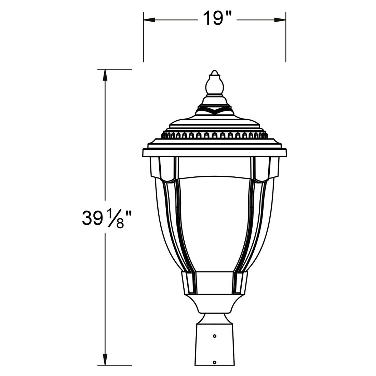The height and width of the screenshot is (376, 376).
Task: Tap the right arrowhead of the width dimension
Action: coord(280,20)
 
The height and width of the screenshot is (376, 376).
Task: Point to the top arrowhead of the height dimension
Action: coord(105,75)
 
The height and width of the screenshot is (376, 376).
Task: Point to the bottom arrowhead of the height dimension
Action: coord(105,359)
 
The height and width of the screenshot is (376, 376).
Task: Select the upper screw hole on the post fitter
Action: coord(215,336)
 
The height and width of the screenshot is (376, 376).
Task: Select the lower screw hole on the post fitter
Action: coord(215,362)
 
